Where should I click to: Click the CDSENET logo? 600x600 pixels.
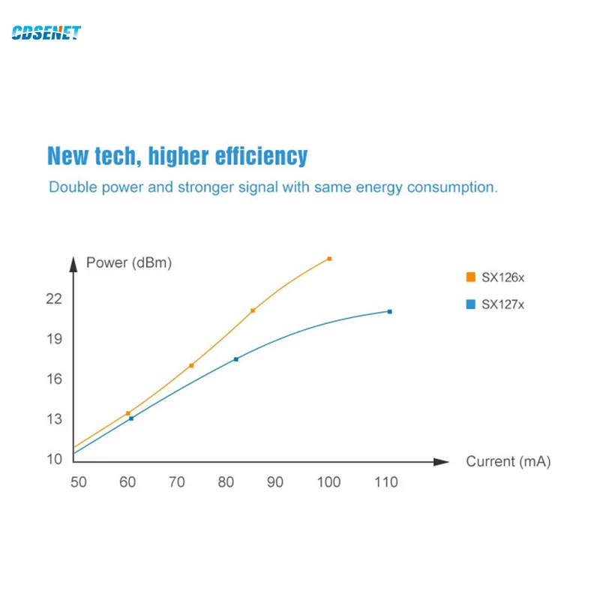pos(46,33)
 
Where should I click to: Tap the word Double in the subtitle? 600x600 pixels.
pos(72,187)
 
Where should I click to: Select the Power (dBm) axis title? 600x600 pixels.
pos(129,263)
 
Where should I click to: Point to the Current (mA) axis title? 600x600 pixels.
pos(508,461)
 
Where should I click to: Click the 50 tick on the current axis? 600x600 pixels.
pos(79,482)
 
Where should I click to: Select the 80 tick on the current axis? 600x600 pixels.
pos(226,482)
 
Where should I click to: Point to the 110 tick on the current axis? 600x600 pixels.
pos(385,482)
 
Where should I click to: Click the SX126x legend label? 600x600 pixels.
pos(502,277)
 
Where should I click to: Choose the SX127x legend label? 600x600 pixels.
pos(502,304)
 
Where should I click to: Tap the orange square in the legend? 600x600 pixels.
pos(471,277)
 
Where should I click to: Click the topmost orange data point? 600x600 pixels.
pos(329,259)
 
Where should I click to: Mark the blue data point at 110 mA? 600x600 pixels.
pos(389,311)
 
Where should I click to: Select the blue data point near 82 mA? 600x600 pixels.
pos(236,359)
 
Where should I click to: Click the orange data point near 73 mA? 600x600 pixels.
pos(191,365)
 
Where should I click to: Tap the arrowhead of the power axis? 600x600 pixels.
pos(73,263)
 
